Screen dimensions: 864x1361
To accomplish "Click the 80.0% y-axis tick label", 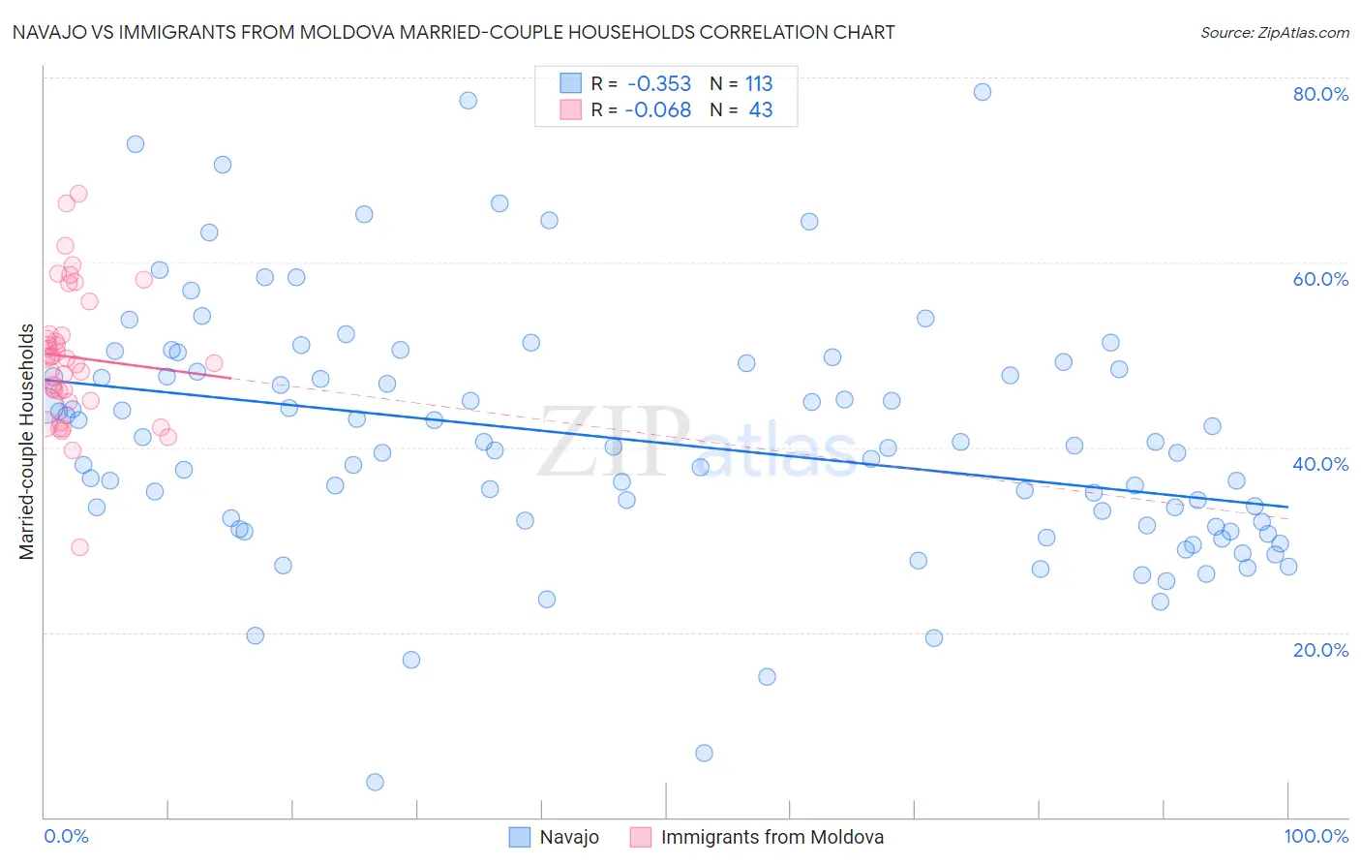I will click(x=1320, y=94).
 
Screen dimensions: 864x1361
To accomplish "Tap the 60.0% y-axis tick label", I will click(x=1320, y=279).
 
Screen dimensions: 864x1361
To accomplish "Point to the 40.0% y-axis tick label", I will click(x=1320, y=464).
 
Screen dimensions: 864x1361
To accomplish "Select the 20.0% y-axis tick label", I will click(x=1320, y=649).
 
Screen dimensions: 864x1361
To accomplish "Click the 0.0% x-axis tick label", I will click(x=66, y=836).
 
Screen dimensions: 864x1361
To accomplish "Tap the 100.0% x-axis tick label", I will click(x=1316, y=836).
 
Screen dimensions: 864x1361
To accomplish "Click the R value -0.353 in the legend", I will click(x=658, y=83).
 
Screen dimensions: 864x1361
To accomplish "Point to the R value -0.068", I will click(x=658, y=109).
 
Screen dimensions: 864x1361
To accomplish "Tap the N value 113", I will click(x=759, y=83).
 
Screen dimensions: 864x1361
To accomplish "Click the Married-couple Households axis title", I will click(x=27, y=442).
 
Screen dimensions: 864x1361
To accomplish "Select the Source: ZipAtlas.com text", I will click(x=1274, y=32).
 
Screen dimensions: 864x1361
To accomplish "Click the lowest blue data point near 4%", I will click(x=375, y=782).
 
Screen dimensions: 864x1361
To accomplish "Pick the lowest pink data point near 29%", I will click(x=79, y=547).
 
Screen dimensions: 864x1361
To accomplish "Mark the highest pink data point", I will click(x=78, y=194).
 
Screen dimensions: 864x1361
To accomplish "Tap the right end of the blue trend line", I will click(x=1287, y=507).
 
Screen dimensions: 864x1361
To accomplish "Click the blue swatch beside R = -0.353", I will click(x=570, y=83).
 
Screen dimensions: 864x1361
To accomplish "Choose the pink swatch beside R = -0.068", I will click(x=570, y=109).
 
